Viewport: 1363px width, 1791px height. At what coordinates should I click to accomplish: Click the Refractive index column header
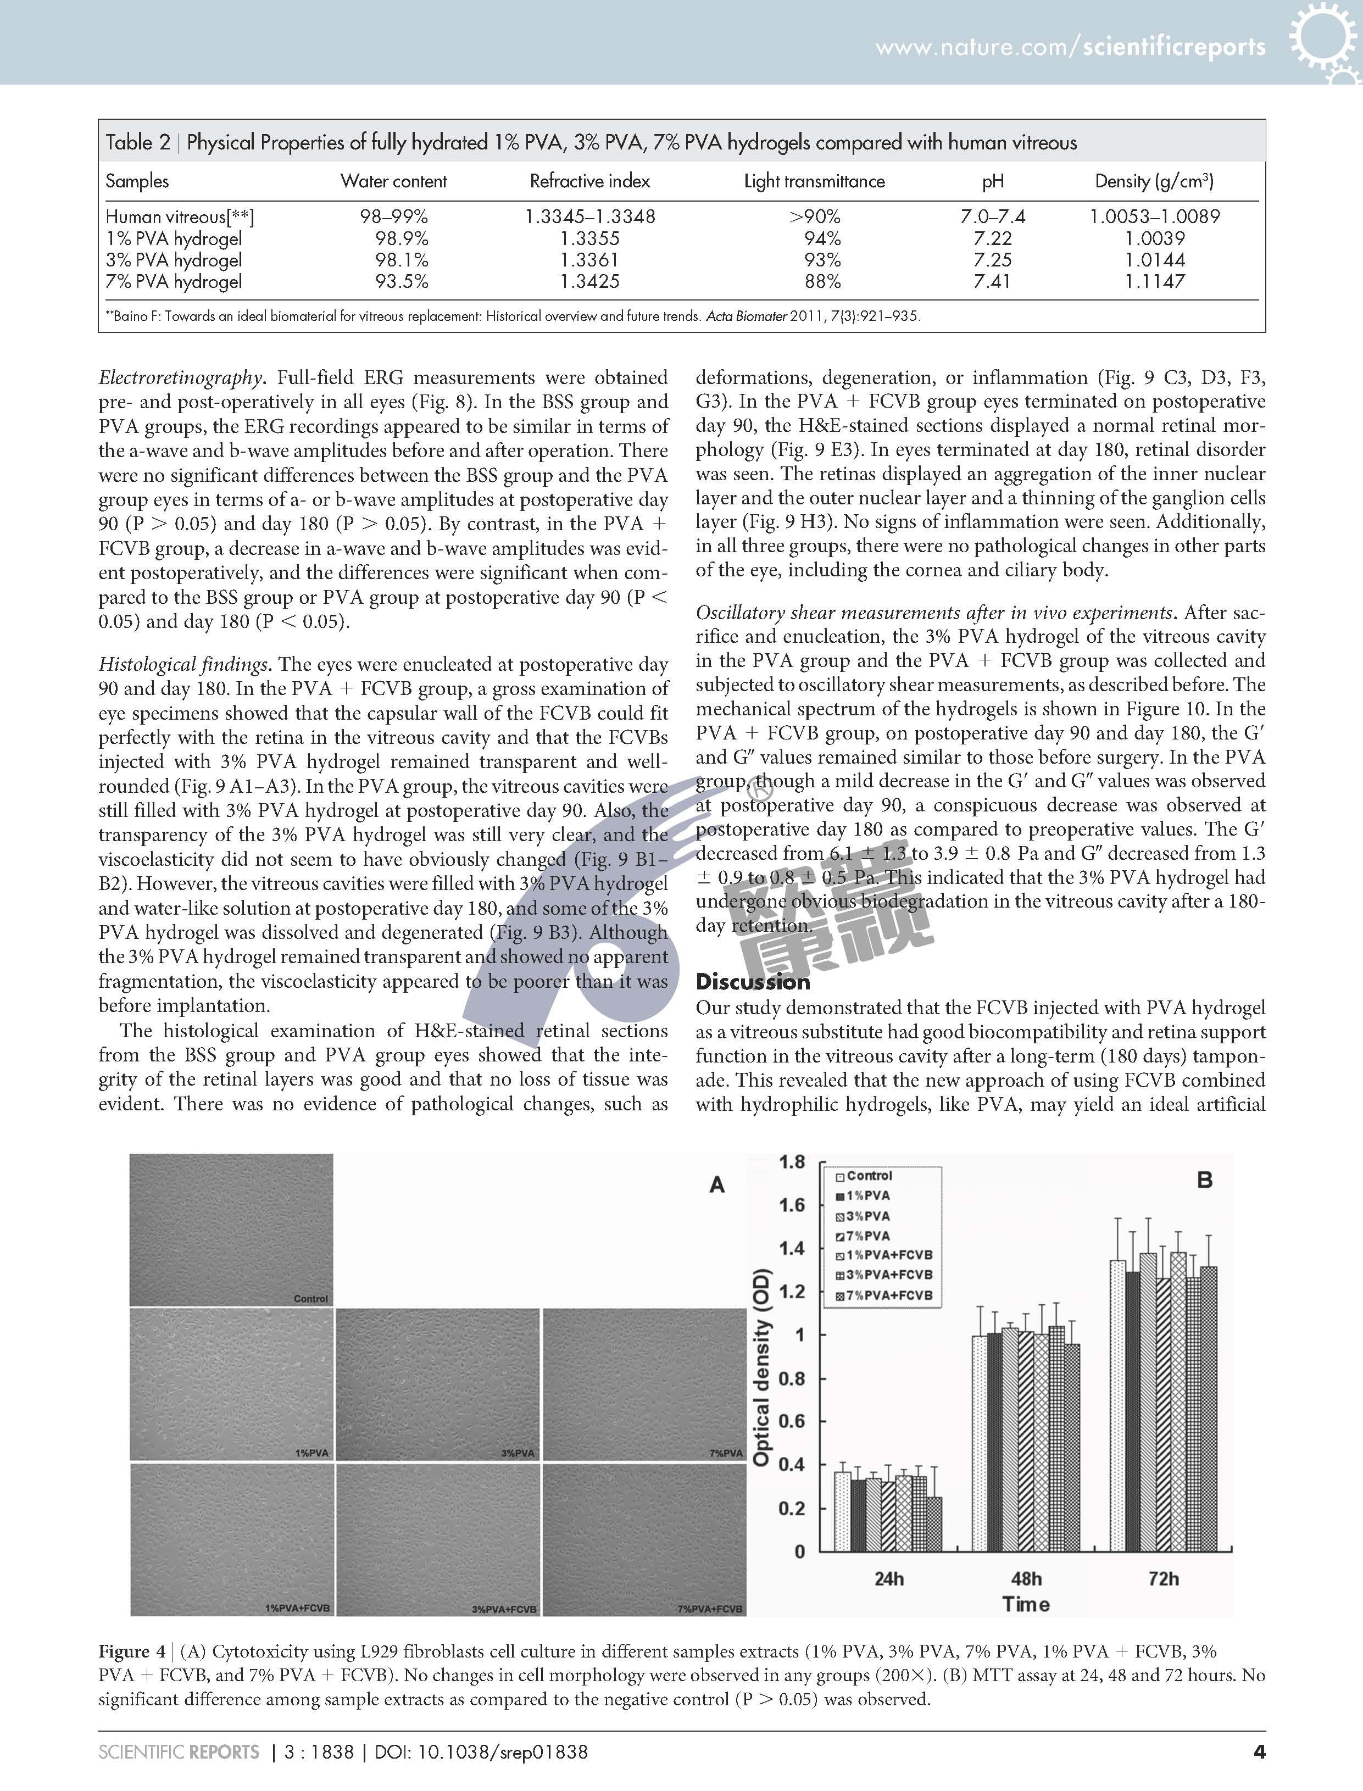tap(590, 181)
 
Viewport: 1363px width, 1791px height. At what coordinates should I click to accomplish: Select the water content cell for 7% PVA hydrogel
tap(402, 281)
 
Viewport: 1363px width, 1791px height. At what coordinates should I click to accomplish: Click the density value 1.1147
tap(1154, 281)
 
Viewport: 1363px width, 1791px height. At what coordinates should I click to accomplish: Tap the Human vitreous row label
tap(179, 216)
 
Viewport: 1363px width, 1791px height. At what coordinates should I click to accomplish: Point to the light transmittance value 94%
tap(822, 238)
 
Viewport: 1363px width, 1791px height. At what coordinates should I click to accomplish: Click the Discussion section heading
tap(753, 982)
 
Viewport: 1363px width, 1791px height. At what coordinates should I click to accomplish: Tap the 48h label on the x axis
tap(1026, 1578)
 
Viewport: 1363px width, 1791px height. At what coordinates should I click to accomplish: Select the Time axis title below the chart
tap(1026, 1604)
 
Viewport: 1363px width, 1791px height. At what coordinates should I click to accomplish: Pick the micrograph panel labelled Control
tap(231, 1229)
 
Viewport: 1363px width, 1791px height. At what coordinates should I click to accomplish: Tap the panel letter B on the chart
tap(1205, 1180)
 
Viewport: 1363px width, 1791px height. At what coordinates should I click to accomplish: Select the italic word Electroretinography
tap(182, 378)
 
